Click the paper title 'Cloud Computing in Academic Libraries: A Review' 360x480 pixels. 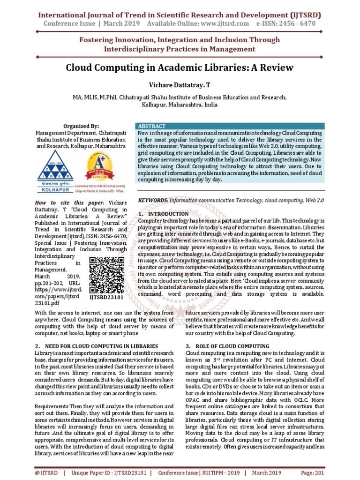click(x=180, y=67)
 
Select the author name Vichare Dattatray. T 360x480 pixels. click(x=180, y=86)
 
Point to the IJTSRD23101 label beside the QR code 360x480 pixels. click(x=106, y=297)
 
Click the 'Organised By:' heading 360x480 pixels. click(x=81, y=126)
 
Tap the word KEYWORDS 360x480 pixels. click(x=152, y=200)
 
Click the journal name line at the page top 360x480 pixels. click(x=180, y=13)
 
